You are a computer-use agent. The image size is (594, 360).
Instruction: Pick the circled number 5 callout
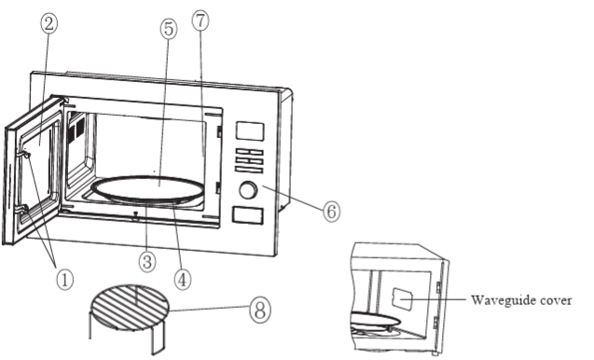pos(167,30)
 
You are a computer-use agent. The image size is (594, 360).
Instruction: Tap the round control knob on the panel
pos(248,190)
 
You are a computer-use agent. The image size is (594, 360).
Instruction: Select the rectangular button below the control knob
pos(247,215)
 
